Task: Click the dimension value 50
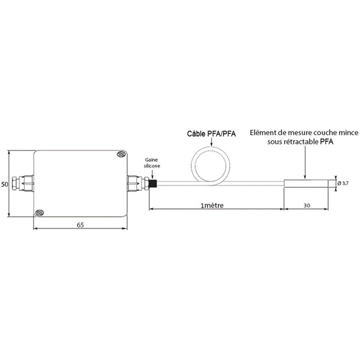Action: click(x=4, y=184)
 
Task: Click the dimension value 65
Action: click(x=81, y=225)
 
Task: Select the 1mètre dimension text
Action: click(x=212, y=205)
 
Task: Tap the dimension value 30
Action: click(x=307, y=206)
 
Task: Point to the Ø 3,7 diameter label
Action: click(x=343, y=183)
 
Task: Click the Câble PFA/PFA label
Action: click(x=211, y=134)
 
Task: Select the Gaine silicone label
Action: click(x=152, y=163)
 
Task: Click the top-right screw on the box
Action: click(x=121, y=154)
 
